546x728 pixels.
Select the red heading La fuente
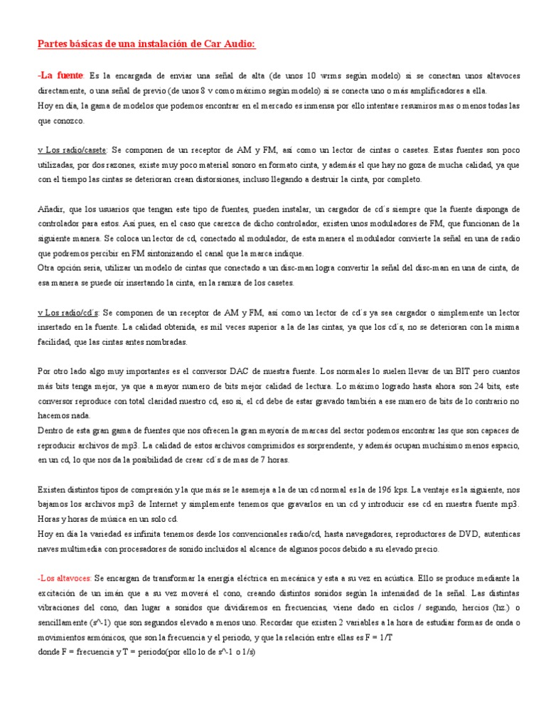62,75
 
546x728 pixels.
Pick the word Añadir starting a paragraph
50,209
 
